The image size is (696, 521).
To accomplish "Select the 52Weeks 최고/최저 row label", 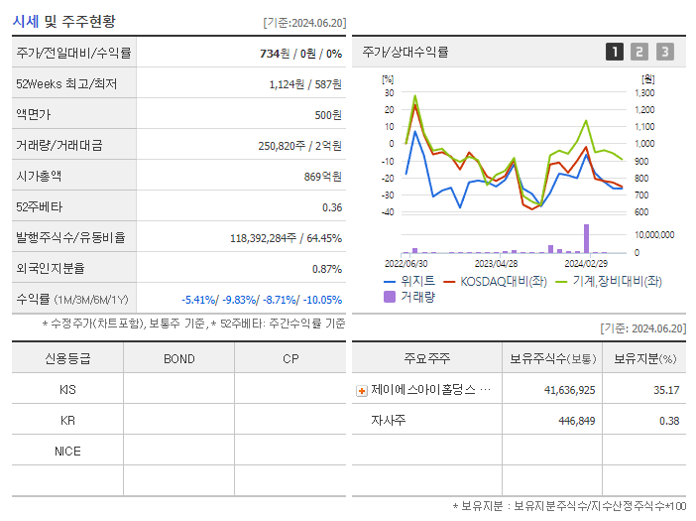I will (x=67, y=84).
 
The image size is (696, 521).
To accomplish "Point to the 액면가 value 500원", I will (x=327, y=115).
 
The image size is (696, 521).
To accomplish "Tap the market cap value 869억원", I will (x=321, y=176).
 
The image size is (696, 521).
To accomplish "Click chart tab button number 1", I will (x=615, y=53).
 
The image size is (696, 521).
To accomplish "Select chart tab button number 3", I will (x=664, y=53).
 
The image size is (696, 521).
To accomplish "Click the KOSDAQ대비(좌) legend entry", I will (x=500, y=281).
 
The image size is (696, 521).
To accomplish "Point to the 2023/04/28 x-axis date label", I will (x=497, y=264).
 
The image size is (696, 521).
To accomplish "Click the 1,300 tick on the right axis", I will (x=644, y=92).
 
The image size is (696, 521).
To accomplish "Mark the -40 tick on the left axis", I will (x=388, y=211).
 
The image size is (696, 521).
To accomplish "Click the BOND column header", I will (x=178, y=358).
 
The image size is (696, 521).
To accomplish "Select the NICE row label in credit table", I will (x=67, y=451).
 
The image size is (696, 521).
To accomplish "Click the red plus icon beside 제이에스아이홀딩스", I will (x=362, y=390).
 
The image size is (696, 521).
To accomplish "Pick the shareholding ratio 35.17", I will (x=665, y=390).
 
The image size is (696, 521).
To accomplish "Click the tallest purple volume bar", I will (x=586, y=239).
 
